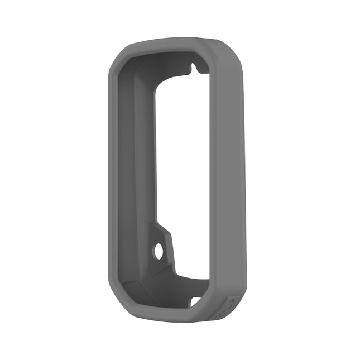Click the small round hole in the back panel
[x=159, y=251]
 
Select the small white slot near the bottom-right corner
[x=195, y=301]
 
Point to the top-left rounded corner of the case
[x=119, y=53]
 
